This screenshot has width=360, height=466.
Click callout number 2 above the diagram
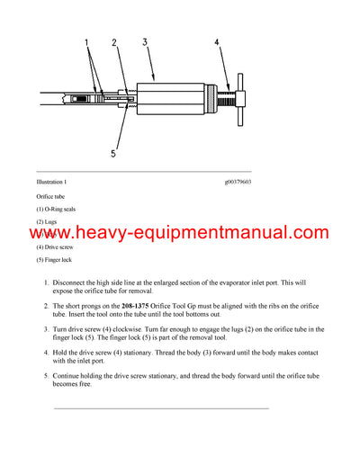tap(114, 41)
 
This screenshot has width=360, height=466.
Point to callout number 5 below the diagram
tap(112, 154)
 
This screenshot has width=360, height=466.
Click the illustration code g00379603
tap(238, 182)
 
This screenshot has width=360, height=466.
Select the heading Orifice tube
tap(50, 195)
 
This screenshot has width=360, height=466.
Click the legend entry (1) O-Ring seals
tap(56, 209)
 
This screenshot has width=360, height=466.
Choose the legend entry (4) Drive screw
tap(54, 246)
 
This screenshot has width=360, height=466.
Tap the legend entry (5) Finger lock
tap(53, 260)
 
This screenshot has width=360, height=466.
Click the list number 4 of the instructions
tap(47, 354)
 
